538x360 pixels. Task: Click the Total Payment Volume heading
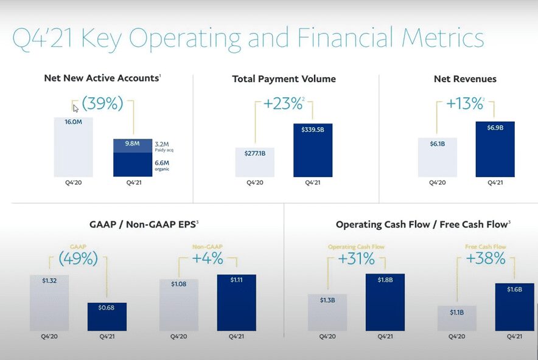(284, 79)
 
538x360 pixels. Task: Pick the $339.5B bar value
(312, 128)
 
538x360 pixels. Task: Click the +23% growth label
(283, 104)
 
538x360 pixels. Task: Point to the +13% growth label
(464, 104)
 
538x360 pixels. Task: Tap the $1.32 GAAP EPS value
(49, 280)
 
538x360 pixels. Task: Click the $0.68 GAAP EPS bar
(107, 316)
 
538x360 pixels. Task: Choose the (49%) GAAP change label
(78, 258)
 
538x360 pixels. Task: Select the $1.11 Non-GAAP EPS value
(236, 280)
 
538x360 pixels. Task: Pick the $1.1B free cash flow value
(456, 312)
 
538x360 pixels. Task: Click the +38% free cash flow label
(486, 258)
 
